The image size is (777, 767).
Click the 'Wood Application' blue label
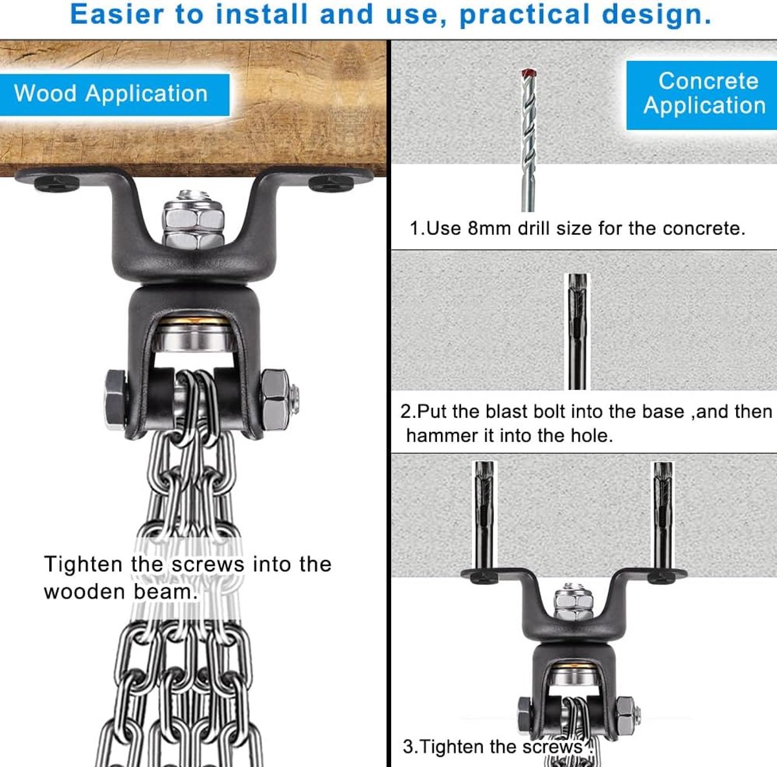[115, 94]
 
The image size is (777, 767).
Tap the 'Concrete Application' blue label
[702, 95]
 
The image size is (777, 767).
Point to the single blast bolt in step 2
[578, 331]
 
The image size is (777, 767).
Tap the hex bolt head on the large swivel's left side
[115, 400]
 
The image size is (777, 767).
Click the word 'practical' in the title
[524, 15]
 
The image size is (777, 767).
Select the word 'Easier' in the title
[117, 14]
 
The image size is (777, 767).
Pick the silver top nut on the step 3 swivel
[574, 602]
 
